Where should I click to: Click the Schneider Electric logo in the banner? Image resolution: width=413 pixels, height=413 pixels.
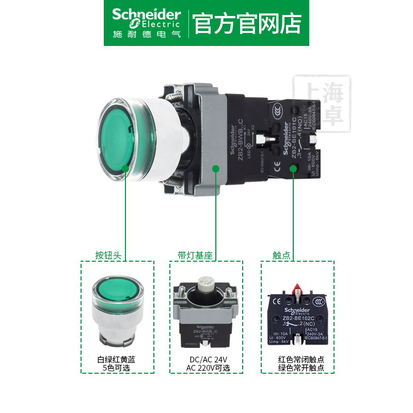tap(146, 23)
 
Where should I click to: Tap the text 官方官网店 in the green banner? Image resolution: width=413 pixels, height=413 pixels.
tap(247, 24)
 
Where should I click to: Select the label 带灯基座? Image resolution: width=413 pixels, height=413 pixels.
tap(195, 255)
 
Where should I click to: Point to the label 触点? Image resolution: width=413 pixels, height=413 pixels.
tap(280, 255)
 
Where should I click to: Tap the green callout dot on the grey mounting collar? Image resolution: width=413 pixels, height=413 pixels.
tap(216, 168)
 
